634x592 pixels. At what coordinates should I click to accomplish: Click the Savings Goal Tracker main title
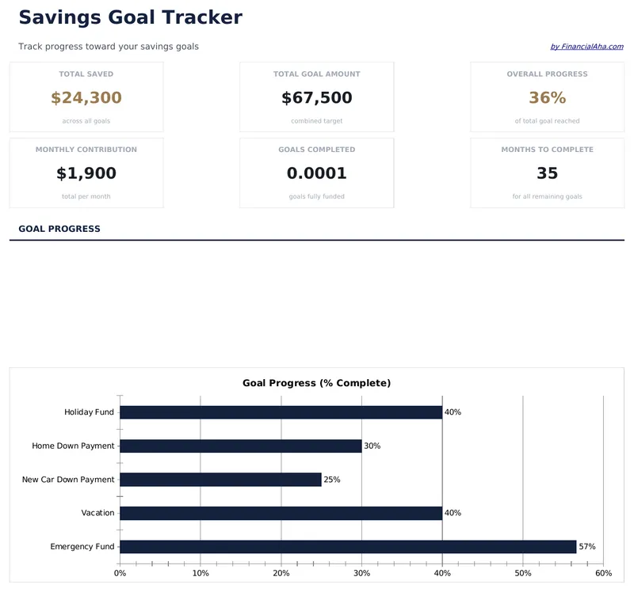coord(130,17)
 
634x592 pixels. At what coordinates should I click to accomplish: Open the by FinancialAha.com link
coord(586,47)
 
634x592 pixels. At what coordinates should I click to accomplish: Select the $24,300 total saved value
coord(86,98)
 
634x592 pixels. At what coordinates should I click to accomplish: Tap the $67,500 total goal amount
coord(316,98)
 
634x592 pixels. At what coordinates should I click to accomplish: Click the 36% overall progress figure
coord(547,98)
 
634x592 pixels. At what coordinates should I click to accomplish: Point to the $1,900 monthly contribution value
coord(86,173)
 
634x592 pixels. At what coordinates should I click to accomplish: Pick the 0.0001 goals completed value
coord(316,173)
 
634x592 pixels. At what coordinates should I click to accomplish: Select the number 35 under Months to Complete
coord(547,173)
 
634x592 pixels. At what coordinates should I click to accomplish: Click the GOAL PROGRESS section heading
coord(59,229)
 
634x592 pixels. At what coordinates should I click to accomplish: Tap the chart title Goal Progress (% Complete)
coord(316,383)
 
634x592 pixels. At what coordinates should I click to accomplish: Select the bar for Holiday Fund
coord(281,412)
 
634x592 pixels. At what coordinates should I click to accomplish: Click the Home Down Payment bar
coord(240,446)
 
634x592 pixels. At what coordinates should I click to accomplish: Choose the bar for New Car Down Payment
coord(220,480)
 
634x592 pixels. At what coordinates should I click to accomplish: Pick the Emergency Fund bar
coord(348,547)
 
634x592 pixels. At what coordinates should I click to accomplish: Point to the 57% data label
coord(587,547)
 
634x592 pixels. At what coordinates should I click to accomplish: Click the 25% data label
coord(332,480)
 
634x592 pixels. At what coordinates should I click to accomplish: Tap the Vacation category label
coord(97,513)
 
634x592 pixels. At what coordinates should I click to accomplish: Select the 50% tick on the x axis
coord(523,573)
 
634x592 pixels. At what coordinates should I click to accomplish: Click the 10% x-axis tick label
coord(201,573)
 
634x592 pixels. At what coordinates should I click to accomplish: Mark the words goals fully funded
coord(316,196)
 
